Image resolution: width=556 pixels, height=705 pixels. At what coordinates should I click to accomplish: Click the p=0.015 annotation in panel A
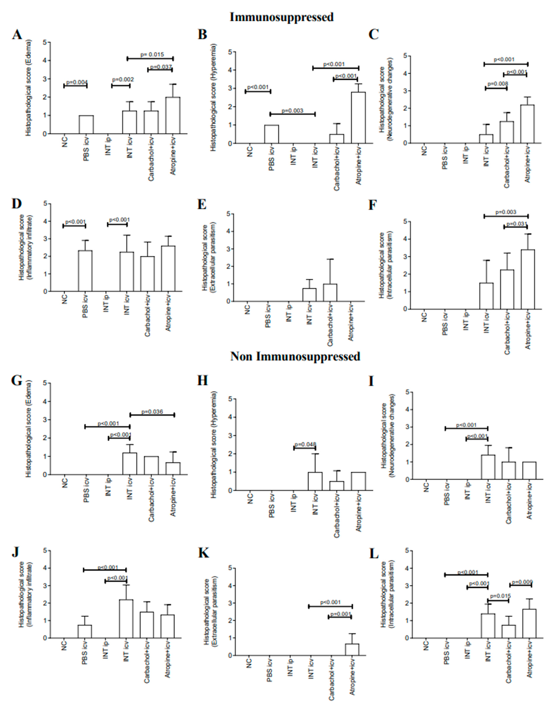coord(152,54)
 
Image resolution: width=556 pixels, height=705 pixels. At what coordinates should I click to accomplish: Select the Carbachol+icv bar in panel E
coord(330,292)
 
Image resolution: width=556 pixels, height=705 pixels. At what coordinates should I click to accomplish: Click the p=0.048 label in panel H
coord(305,445)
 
